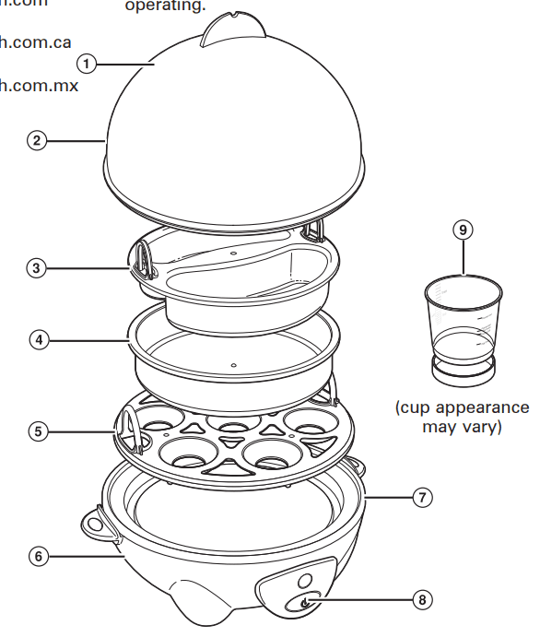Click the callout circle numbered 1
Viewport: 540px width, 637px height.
coord(86,64)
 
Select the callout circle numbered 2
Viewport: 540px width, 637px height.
coord(36,141)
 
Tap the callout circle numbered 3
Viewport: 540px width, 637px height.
coord(36,268)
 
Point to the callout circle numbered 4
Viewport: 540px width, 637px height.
coord(36,339)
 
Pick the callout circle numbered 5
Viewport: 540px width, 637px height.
coord(36,431)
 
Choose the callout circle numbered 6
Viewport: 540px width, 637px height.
coord(36,556)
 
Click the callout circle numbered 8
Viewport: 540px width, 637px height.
coord(422,599)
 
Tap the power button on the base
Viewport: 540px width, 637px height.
coord(304,603)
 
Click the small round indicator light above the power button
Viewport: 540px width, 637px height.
coord(303,580)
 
